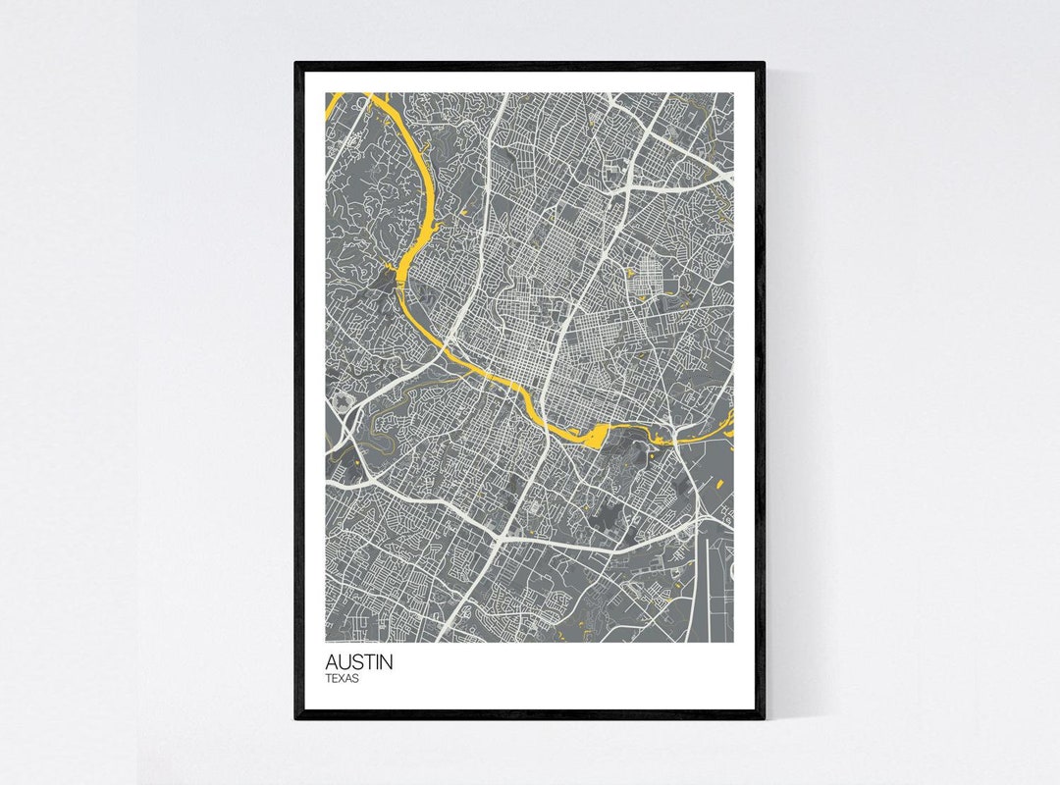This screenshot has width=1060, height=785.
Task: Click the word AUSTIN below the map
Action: click(359, 662)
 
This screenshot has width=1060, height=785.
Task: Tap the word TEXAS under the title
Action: click(343, 678)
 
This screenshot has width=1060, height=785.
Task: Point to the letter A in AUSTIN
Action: click(333, 662)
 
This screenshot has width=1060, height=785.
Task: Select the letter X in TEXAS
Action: click(342, 678)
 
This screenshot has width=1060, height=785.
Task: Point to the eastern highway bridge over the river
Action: click(675, 438)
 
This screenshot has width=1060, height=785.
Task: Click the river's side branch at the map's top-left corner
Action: click(334, 100)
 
